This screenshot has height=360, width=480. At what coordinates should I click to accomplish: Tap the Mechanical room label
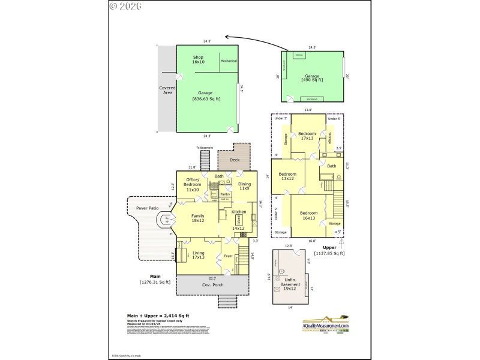tap(229, 61)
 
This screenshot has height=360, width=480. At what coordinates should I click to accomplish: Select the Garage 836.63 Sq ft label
tap(206, 96)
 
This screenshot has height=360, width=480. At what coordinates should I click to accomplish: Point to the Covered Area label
tap(167, 90)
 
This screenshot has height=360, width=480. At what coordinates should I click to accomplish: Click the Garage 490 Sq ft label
tap(312, 77)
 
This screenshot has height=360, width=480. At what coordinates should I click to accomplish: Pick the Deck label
tap(234, 160)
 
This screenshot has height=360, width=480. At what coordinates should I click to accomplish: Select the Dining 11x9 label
tap(244, 186)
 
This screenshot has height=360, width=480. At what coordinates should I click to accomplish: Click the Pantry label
tap(226, 194)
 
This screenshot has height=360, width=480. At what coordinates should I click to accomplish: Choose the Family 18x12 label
tap(198, 218)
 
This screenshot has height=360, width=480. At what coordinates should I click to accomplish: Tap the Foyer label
tap(228, 256)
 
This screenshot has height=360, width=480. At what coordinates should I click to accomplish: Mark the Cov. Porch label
tap(213, 287)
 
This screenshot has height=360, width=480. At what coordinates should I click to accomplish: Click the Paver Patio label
tap(147, 208)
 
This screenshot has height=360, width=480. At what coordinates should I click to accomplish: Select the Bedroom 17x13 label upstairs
tap(307, 136)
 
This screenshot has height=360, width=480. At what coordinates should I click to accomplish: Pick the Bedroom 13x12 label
tap(287, 176)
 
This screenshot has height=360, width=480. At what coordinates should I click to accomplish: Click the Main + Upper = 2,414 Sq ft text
tap(158, 315)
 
